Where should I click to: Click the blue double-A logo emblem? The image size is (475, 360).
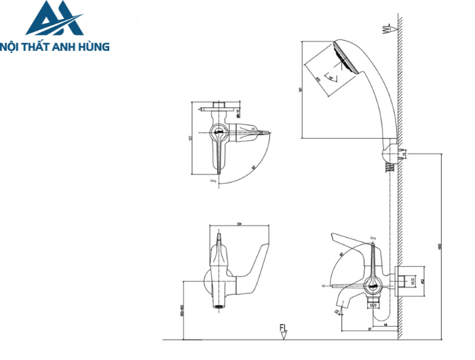pyautogui.click(x=54, y=18)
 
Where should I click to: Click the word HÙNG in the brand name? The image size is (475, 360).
pyautogui.click(x=93, y=47)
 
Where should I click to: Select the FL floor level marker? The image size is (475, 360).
pyautogui.click(x=284, y=331)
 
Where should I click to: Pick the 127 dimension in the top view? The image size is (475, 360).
pyautogui.click(x=193, y=139)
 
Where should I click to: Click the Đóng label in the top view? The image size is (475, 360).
pyautogui.click(x=213, y=181)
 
